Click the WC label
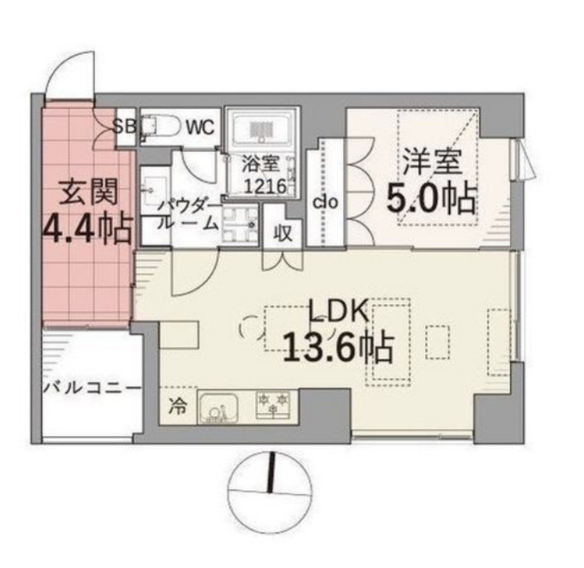coord(201,127)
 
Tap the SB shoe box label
coord(124,127)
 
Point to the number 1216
coord(265,186)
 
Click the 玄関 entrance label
coord(89,192)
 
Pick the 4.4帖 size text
coord(88,229)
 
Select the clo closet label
coord(325,202)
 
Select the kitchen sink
coord(218,407)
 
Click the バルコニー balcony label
coord(92,388)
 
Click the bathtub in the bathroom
coord(262,129)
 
